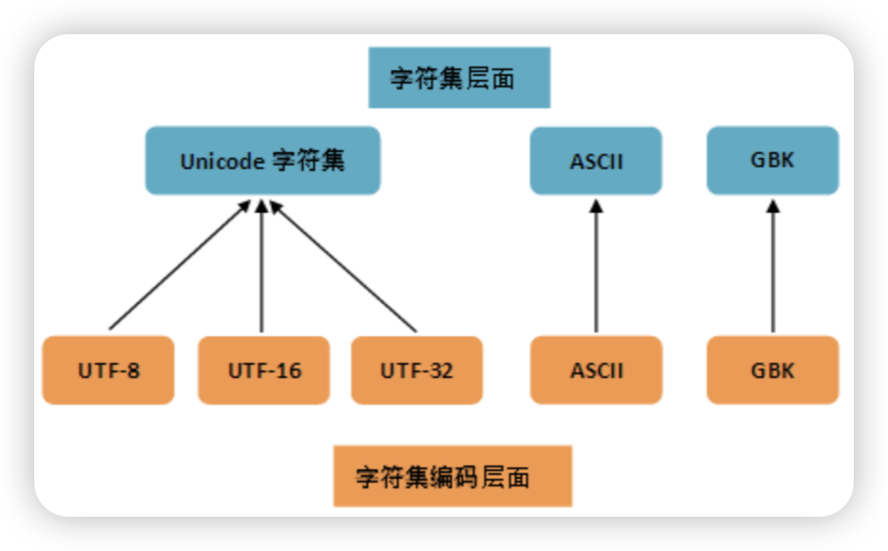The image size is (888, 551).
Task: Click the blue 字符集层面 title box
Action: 459,78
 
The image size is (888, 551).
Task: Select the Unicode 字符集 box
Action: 262,161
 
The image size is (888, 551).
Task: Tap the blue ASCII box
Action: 595,161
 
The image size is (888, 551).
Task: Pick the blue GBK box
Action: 772,161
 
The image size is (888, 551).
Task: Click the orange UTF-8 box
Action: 108,370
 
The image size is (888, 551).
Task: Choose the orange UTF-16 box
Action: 263,370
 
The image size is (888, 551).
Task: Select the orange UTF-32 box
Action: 416,370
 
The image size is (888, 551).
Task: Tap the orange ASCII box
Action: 595,370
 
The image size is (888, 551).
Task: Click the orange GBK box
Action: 772,370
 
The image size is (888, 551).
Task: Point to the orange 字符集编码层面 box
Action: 453,476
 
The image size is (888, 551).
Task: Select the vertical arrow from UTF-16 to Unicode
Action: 262,271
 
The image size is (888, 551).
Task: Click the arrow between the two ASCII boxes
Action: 595,271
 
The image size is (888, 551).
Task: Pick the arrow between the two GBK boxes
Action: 772,271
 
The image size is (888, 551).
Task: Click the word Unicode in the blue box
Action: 222,161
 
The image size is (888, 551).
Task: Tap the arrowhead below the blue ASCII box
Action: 595,207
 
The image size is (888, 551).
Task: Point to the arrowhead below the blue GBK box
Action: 772,207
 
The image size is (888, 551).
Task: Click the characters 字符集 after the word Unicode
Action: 308,161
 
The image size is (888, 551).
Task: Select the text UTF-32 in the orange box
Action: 416,370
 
